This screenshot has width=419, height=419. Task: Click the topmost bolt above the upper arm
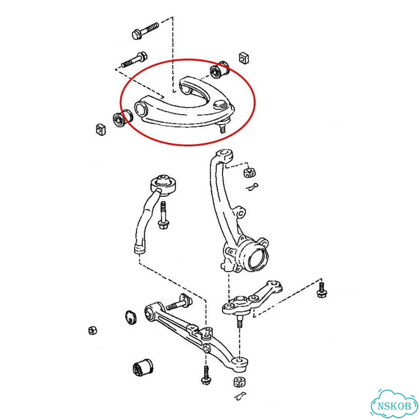(145, 31)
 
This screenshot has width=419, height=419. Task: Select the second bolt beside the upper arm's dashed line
(135, 60)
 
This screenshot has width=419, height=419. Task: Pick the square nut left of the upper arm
(100, 129)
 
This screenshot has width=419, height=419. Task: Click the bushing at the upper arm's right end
(220, 71)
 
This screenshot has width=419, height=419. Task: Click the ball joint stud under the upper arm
(222, 128)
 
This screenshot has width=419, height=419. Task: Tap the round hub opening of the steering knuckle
(258, 258)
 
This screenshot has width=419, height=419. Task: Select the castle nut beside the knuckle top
(250, 172)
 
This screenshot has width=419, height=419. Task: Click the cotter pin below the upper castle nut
(252, 187)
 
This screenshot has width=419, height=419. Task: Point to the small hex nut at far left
(93, 331)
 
